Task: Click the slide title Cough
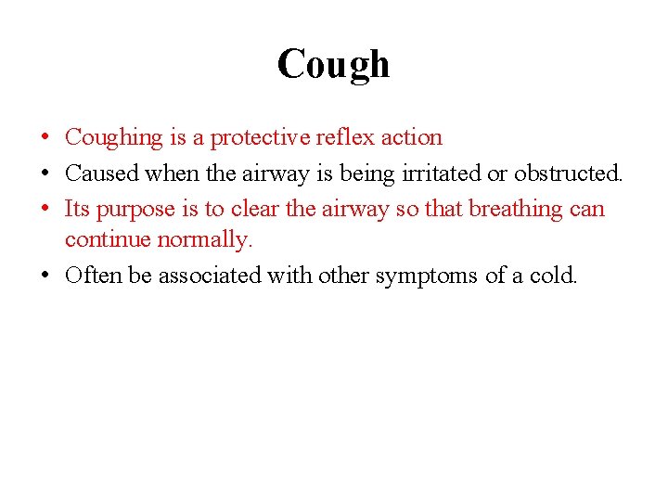coord(333,64)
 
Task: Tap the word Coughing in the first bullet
coord(113,138)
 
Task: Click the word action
coord(412,137)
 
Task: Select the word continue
coord(108,239)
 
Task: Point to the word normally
coord(205,240)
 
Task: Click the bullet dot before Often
coord(45,276)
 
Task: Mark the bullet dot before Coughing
coord(45,138)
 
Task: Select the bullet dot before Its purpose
coord(45,209)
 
